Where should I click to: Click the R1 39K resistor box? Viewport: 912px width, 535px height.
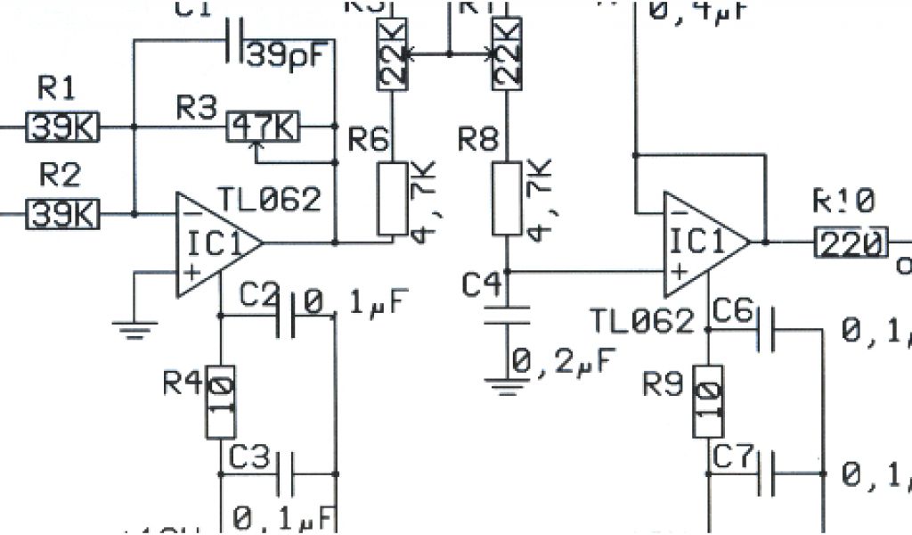coord(63,128)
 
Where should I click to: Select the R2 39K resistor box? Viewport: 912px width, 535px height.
coord(63,214)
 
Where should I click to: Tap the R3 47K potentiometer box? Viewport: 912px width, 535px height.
coord(264,128)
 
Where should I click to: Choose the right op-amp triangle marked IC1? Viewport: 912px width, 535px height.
coord(704,243)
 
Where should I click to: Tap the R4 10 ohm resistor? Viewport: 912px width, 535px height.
coord(221,402)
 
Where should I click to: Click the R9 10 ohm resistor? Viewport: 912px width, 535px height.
coord(708,402)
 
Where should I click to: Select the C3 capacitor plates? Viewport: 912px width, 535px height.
coord(286,473)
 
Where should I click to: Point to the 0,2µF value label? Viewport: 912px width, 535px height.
coord(561,363)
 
